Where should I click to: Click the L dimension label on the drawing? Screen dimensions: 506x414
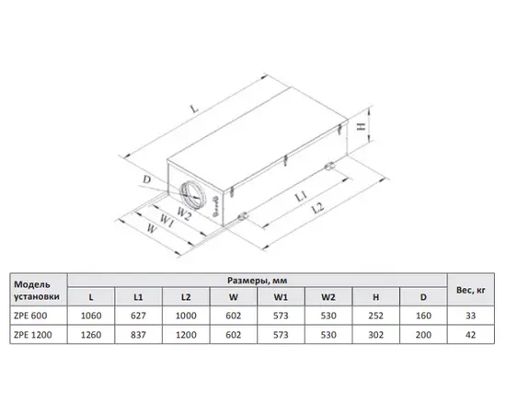tap(194, 109)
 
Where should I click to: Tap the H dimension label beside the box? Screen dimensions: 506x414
tap(362, 125)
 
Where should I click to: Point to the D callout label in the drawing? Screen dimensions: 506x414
tap(147, 179)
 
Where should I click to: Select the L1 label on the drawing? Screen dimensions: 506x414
tap(301, 196)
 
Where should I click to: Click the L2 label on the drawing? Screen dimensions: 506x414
tap(318, 208)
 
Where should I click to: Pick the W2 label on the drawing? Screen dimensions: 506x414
tap(184, 213)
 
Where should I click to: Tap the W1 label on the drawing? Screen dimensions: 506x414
tap(167, 221)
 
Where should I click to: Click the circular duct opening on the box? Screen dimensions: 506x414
tap(192, 193)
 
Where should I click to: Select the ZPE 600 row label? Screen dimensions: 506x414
tap(30, 316)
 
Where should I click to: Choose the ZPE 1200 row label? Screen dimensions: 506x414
tap(32, 335)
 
